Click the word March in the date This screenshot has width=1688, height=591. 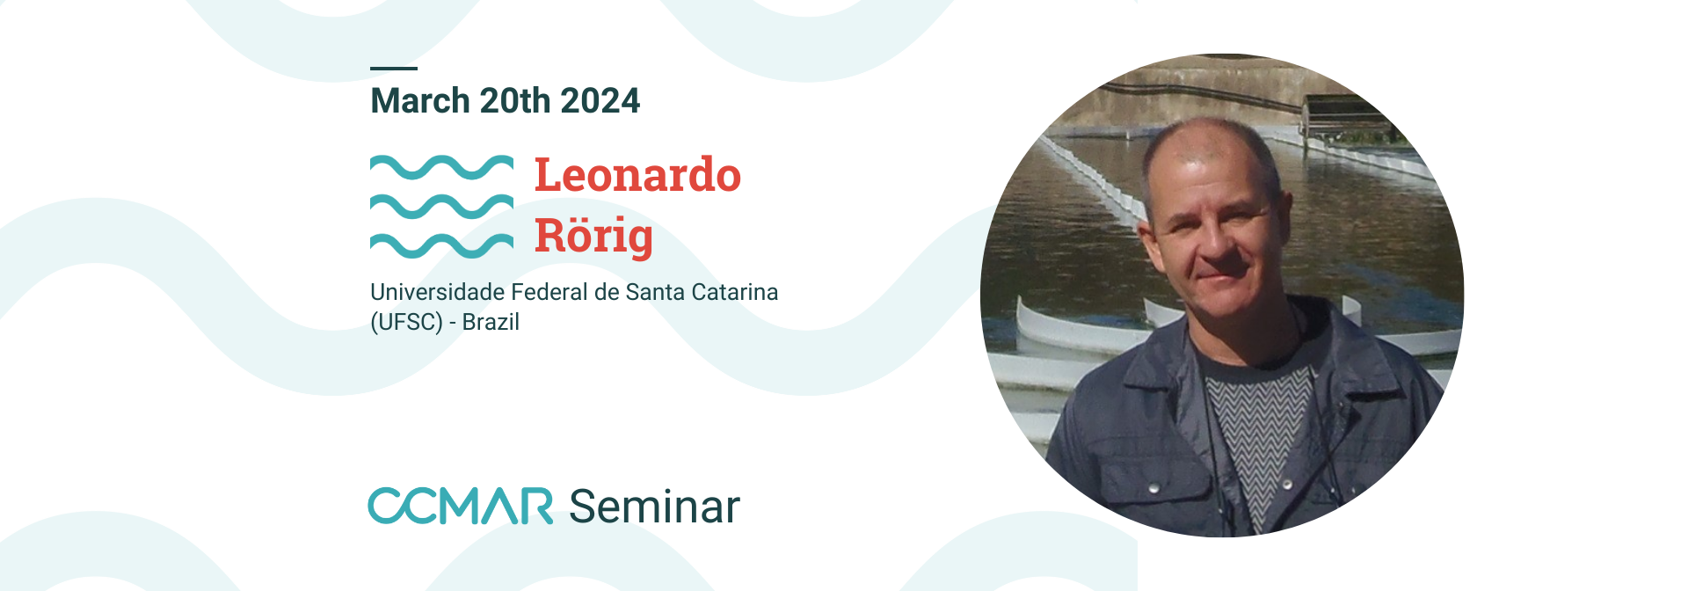pyautogui.click(x=420, y=101)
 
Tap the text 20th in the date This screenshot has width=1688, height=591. pyautogui.click(x=515, y=101)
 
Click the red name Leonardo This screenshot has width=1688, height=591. pyautogui.click(x=637, y=174)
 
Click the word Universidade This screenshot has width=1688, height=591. pyautogui.click(x=438, y=292)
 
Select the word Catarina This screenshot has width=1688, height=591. pyautogui.click(x=735, y=292)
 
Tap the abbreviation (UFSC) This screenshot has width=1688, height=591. pyautogui.click(x=406, y=322)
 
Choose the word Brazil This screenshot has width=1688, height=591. pyautogui.click(x=491, y=322)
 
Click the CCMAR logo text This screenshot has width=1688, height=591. pyautogui.click(x=461, y=506)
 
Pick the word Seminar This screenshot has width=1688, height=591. pyautogui.click(x=655, y=507)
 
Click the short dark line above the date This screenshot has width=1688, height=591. pyautogui.click(x=394, y=68)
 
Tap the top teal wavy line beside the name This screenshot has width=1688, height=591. pyautogui.click(x=441, y=167)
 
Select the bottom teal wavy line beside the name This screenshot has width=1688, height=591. pyautogui.click(x=441, y=245)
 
